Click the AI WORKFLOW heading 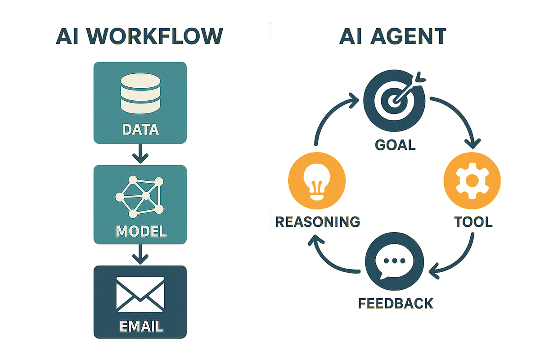click(x=139, y=36)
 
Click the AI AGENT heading click(x=392, y=36)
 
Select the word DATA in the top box click(x=140, y=130)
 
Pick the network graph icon click(x=140, y=196)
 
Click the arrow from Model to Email click(x=140, y=254)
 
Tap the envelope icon click(x=140, y=294)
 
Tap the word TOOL click(x=472, y=222)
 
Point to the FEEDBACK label click(x=396, y=302)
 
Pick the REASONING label click(x=317, y=221)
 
